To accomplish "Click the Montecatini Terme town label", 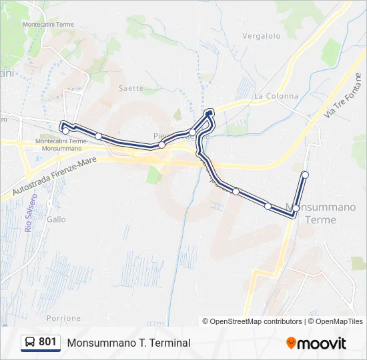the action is click(48, 24).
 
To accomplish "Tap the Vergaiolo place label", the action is click(262, 36).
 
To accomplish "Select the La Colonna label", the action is click(276, 96).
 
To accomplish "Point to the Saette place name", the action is click(131, 88).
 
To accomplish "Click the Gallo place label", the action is click(57, 219).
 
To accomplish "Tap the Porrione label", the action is click(64, 319).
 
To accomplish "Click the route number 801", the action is click(47, 342).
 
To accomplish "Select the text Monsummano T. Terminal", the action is click(128, 343).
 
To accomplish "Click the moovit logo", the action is click(316, 343).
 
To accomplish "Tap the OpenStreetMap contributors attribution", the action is click(255, 321).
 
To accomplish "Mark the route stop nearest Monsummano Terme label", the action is click(296, 209).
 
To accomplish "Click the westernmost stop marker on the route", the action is click(65, 131).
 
